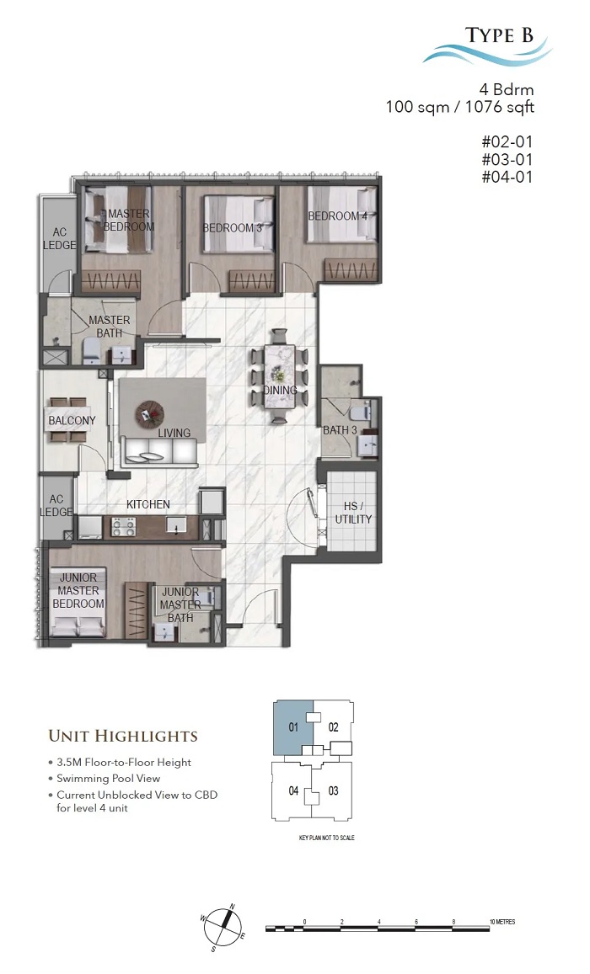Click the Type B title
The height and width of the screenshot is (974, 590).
tap(499, 35)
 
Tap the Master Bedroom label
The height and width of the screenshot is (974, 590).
tap(129, 220)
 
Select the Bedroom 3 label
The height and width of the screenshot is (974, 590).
tap(233, 228)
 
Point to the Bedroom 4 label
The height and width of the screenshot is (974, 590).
tap(338, 216)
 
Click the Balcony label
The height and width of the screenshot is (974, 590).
tap(72, 421)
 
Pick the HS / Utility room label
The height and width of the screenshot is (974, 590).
tap(353, 513)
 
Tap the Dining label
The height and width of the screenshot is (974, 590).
tap(280, 390)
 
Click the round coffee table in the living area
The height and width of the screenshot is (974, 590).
tap(150, 412)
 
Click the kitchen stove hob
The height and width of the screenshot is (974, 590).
tap(123, 527)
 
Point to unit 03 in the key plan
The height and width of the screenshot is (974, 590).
tap(333, 790)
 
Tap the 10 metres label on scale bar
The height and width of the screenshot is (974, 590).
tap(502, 922)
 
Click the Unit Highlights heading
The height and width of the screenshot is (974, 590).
tap(123, 736)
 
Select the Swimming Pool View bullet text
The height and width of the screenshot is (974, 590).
tap(108, 779)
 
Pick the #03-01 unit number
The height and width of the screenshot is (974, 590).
tap(507, 160)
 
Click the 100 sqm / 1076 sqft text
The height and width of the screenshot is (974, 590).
tap(460, 107)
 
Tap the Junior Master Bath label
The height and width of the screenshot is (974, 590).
tap(180, 605)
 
